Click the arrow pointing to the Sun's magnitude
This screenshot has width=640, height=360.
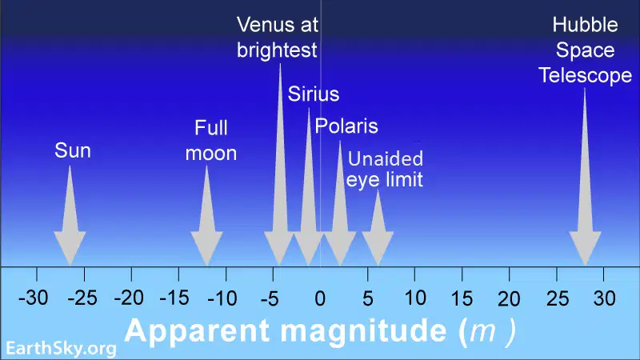click(x=70, y=215)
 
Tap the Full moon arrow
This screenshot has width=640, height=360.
click(x=206, y=215)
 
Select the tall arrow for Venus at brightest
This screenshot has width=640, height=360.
click(x=279, y=165)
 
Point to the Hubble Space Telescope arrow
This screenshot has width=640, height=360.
click(x=585, y=177)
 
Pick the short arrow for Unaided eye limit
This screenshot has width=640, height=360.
click(x=378, y=228)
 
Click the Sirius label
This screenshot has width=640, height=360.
click(x=314, y=94)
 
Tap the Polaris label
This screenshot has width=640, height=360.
click(x=346, y=126)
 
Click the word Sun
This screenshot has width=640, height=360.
click(x=73, y=150)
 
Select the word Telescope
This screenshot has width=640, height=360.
click(x=585, y=75)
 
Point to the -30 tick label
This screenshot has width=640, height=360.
click(x=34, y=298)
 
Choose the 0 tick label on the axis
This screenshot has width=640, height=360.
click(x=321, y=298)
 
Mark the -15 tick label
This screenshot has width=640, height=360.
click(x=174, y=298)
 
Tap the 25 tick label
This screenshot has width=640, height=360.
click(x=557, y=298)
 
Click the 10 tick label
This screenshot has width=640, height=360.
click(x=415, y=298)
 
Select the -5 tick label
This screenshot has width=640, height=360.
click(x=270, y=298)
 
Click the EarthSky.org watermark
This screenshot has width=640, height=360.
click(x=61, y=349)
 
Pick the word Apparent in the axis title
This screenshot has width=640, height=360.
click(x=197, y=330)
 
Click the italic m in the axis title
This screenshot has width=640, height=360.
click(x=482, y=331)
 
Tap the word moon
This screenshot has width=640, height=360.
click(x=211, y=154)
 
